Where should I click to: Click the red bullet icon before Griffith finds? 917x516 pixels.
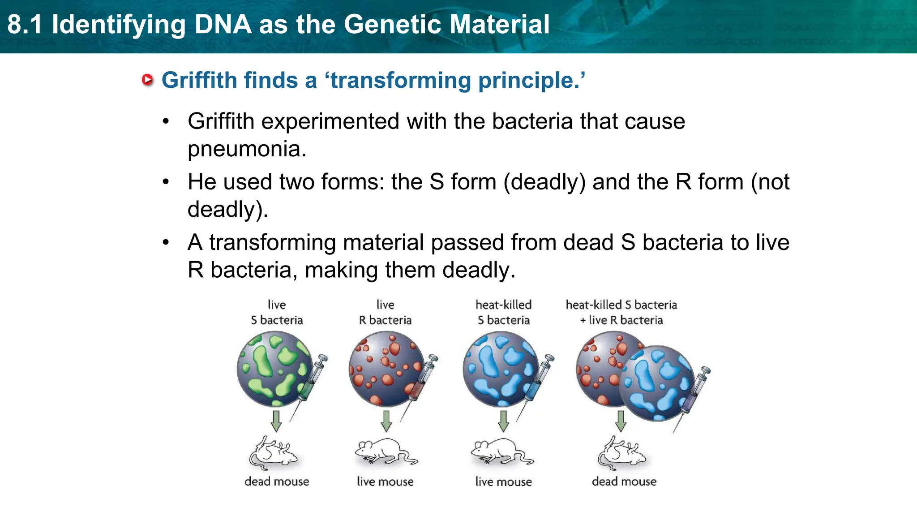pyautogui.click(x=147, y=80)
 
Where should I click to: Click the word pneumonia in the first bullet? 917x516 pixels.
pyautogui.click(x=247, y=149)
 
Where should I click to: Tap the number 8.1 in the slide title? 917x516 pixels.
pyautogui.click(x=25, y=24)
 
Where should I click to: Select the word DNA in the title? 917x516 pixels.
pyautogui.click(x=223, y=24)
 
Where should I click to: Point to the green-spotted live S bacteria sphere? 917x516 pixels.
pyautogui.click(x=274, y=368)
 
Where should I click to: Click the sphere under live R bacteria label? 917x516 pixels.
pyautogui.click(x=386, y=368)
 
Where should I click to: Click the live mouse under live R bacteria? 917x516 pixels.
pyautogui.click(x=386, y=451)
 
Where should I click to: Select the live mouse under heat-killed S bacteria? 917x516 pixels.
pyautogui.click(x=501, y=451)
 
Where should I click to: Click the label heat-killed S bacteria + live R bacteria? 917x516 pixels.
pyautogui.click(x=621, y=312)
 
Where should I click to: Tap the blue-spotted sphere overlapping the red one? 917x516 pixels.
pyautogui.click(x=656, y=383)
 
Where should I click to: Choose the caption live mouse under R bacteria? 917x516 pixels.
pyautogui.click(x=385, y=482)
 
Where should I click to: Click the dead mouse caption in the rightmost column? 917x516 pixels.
pyautogui.click(x=624, y=482)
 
